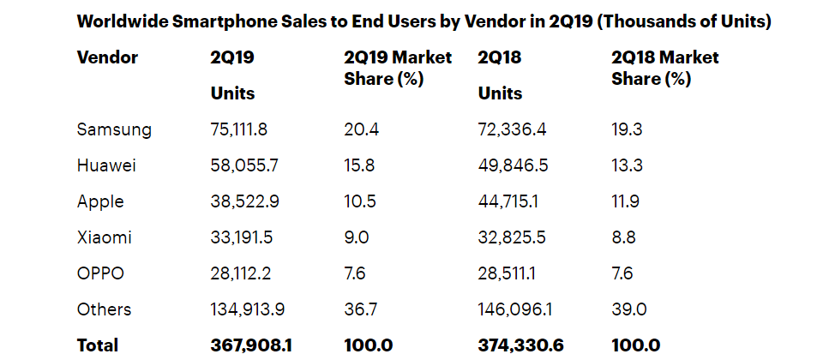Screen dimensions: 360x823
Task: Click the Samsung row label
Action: point(114,129)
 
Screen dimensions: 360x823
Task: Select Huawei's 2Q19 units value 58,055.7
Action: point(246,165)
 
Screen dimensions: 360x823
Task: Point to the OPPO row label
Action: point(100,273)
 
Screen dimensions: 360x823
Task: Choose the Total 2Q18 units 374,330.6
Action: point(520,345)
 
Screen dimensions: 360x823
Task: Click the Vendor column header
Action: point(107,57)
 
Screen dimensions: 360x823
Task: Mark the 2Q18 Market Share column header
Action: point(665,68)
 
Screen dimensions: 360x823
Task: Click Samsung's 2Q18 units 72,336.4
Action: point(514,129)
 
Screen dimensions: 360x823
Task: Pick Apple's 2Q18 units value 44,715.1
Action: point(514,201)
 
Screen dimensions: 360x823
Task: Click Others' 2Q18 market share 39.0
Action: point(628,309)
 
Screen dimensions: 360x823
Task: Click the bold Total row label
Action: point(98,345)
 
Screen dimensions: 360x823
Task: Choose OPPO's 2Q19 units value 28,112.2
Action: point(245,273)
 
